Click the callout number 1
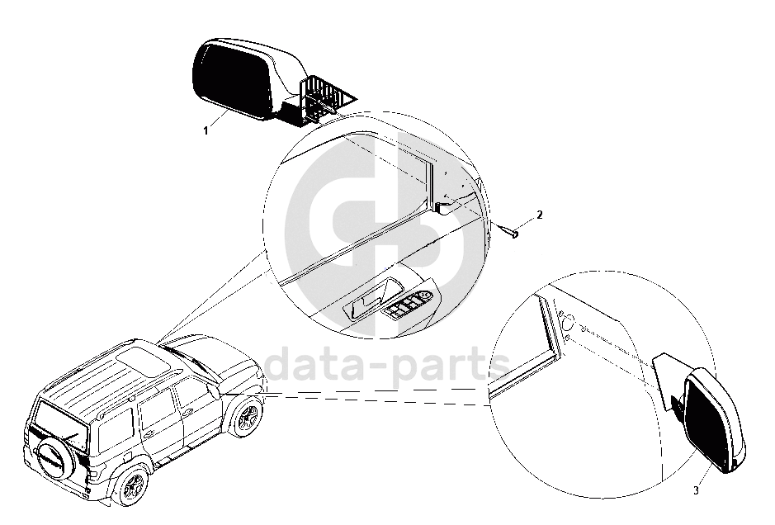pos(205,130)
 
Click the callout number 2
pos(539,215)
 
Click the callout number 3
pos(696,491)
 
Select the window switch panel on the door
pos(411,306)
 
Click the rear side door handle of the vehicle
pos(149,430)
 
